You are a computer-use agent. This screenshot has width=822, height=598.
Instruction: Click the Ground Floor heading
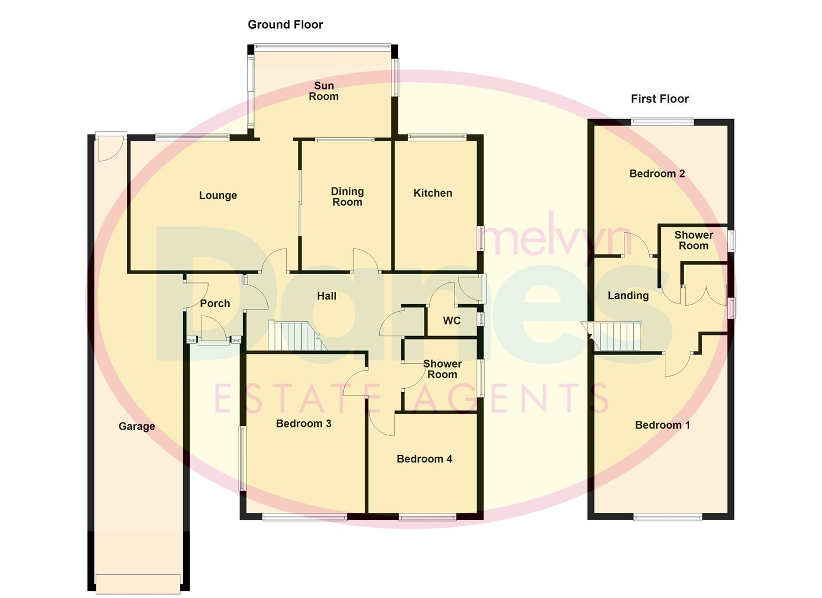pyautogui.click(x=285, y=24)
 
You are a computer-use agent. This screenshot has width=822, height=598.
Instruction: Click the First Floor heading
pyautogui.click(x=659, y=99)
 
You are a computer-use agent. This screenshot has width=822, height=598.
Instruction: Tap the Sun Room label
pyautogui.click(x=324, y=91)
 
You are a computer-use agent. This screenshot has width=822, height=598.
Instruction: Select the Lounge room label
pyautogui.click(x=218, y=195)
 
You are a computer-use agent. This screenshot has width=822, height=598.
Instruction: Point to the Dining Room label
pyautogui.click(x=347, y=197)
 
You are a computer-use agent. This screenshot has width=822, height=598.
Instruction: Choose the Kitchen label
pyautogui.click(x=433, y=193)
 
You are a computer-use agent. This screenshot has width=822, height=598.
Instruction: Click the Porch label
pyautogui.click(x=215, y=303)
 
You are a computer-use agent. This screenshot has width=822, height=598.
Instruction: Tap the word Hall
pyautogui.click(x=327, y=296)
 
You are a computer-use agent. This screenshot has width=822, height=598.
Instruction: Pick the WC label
pyautogui.click(x=452, y=321)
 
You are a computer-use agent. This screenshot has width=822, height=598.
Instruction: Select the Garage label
pyautogui.click(x=137, y=426)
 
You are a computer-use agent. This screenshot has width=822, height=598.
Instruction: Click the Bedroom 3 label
pyautogui.click(x=303, y=424)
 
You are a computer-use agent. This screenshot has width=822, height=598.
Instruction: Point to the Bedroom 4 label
pyautogui.click(x=425, y=459)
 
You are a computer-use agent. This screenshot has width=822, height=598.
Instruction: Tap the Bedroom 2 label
pyautogui.click(x=657, y=174)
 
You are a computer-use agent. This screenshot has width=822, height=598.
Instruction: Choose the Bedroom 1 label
pyautogui.click(x=663, y=425)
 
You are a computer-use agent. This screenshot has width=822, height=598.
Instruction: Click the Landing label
pyautogui.click(x=628, y=296)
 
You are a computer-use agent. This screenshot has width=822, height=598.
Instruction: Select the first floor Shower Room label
pyautogui.click(x=694, y=240)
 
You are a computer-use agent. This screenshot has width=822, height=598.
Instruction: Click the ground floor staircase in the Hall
pyautogui.click(x=293, y=336)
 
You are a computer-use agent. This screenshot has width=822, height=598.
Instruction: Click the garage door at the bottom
pyautogui.click(x=138, y=582)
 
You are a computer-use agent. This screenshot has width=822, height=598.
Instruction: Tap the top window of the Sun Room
pyautogui.click(x=323, y=46)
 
